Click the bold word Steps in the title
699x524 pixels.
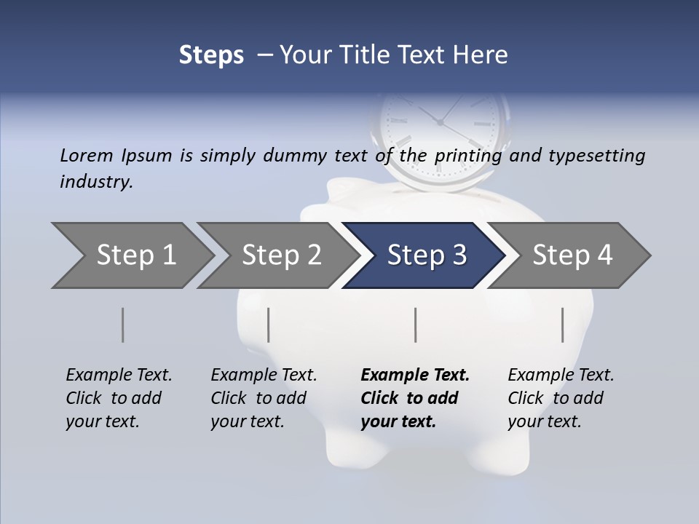point(211,55)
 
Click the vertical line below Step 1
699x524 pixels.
point(123,325)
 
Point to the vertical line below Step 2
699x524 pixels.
point(269,325)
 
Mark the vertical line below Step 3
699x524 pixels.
point(416,325)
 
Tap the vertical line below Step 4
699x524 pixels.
point(563,325)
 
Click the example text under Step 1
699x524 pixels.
point(119,398)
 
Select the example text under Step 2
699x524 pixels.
point(264,398)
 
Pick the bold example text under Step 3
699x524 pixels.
point(415,398)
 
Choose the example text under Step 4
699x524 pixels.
point(561,398)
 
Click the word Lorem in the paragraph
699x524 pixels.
point(87,155)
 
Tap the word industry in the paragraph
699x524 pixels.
point(96,181)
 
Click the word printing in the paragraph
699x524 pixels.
point(469,156)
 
